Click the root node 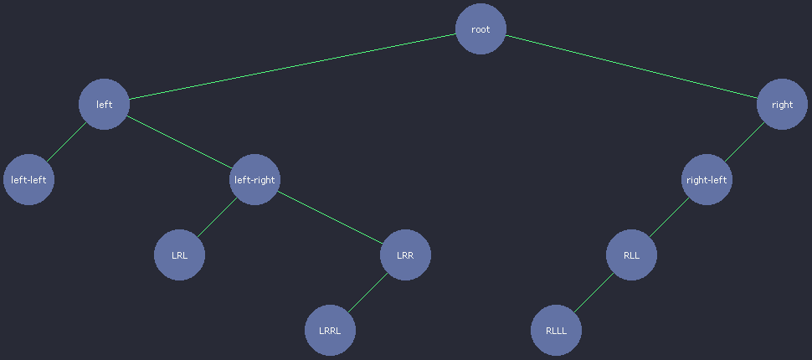pyautogui.click(x=481, y=28)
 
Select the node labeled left pyautogui.click(x=104, y=104)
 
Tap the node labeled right pyautogui.click(x=782, y=104)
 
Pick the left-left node pyautogui.click(x=28, y=179)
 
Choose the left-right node pyautogui.click(x=254, y=179)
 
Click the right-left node pyautogui.click(x=707, y=179)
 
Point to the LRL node pyautogui.click(x=179, y=255)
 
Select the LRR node pyautogui.click(x=405, y=255)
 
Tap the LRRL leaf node pyautogui.click(x=330, y=330)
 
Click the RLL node pyautogui.click(x=631, y=255)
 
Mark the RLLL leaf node pyautogui.click(x=556, y=330)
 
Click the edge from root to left pyautogui.click(x=292, y=66)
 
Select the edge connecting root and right pyautogui.click(x=631, y=66)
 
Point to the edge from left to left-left pyautogui.click(x=66, y=141)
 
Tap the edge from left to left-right pyautogui.click(x=179, y=141)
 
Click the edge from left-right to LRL pyautogui.click(x=217, y=217)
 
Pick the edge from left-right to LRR pyautogui.click(x=330, y=217)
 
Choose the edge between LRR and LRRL pyautogui.click(x=367, y=292)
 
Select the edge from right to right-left pyautogui.click(x=744, y=141)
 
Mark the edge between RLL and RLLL pyautogui.click(x=594, y=292)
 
